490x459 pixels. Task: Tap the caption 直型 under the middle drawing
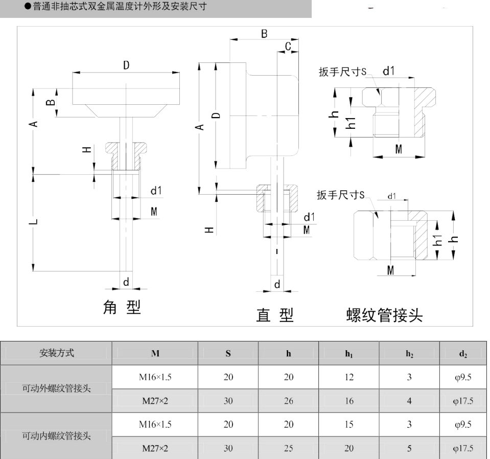point(275,315)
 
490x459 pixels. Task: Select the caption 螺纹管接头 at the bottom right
point(384,315)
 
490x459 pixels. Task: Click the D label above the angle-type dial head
point(126,65)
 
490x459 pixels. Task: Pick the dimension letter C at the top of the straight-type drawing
point(288,47)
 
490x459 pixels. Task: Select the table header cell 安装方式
point(56,352)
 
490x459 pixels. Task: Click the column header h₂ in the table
point(409,353)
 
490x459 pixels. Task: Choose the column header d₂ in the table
point(462,353)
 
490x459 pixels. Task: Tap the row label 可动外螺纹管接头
point(56,389)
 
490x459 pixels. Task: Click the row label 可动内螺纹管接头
point(56,437)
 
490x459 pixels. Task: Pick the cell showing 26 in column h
point(289,401)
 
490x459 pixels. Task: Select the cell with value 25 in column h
point(289,449)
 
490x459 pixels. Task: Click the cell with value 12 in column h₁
point(349,377)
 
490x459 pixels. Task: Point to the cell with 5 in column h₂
point(409,449)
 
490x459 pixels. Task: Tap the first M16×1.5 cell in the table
point(155,377)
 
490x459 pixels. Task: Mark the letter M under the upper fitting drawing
point(399,149)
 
